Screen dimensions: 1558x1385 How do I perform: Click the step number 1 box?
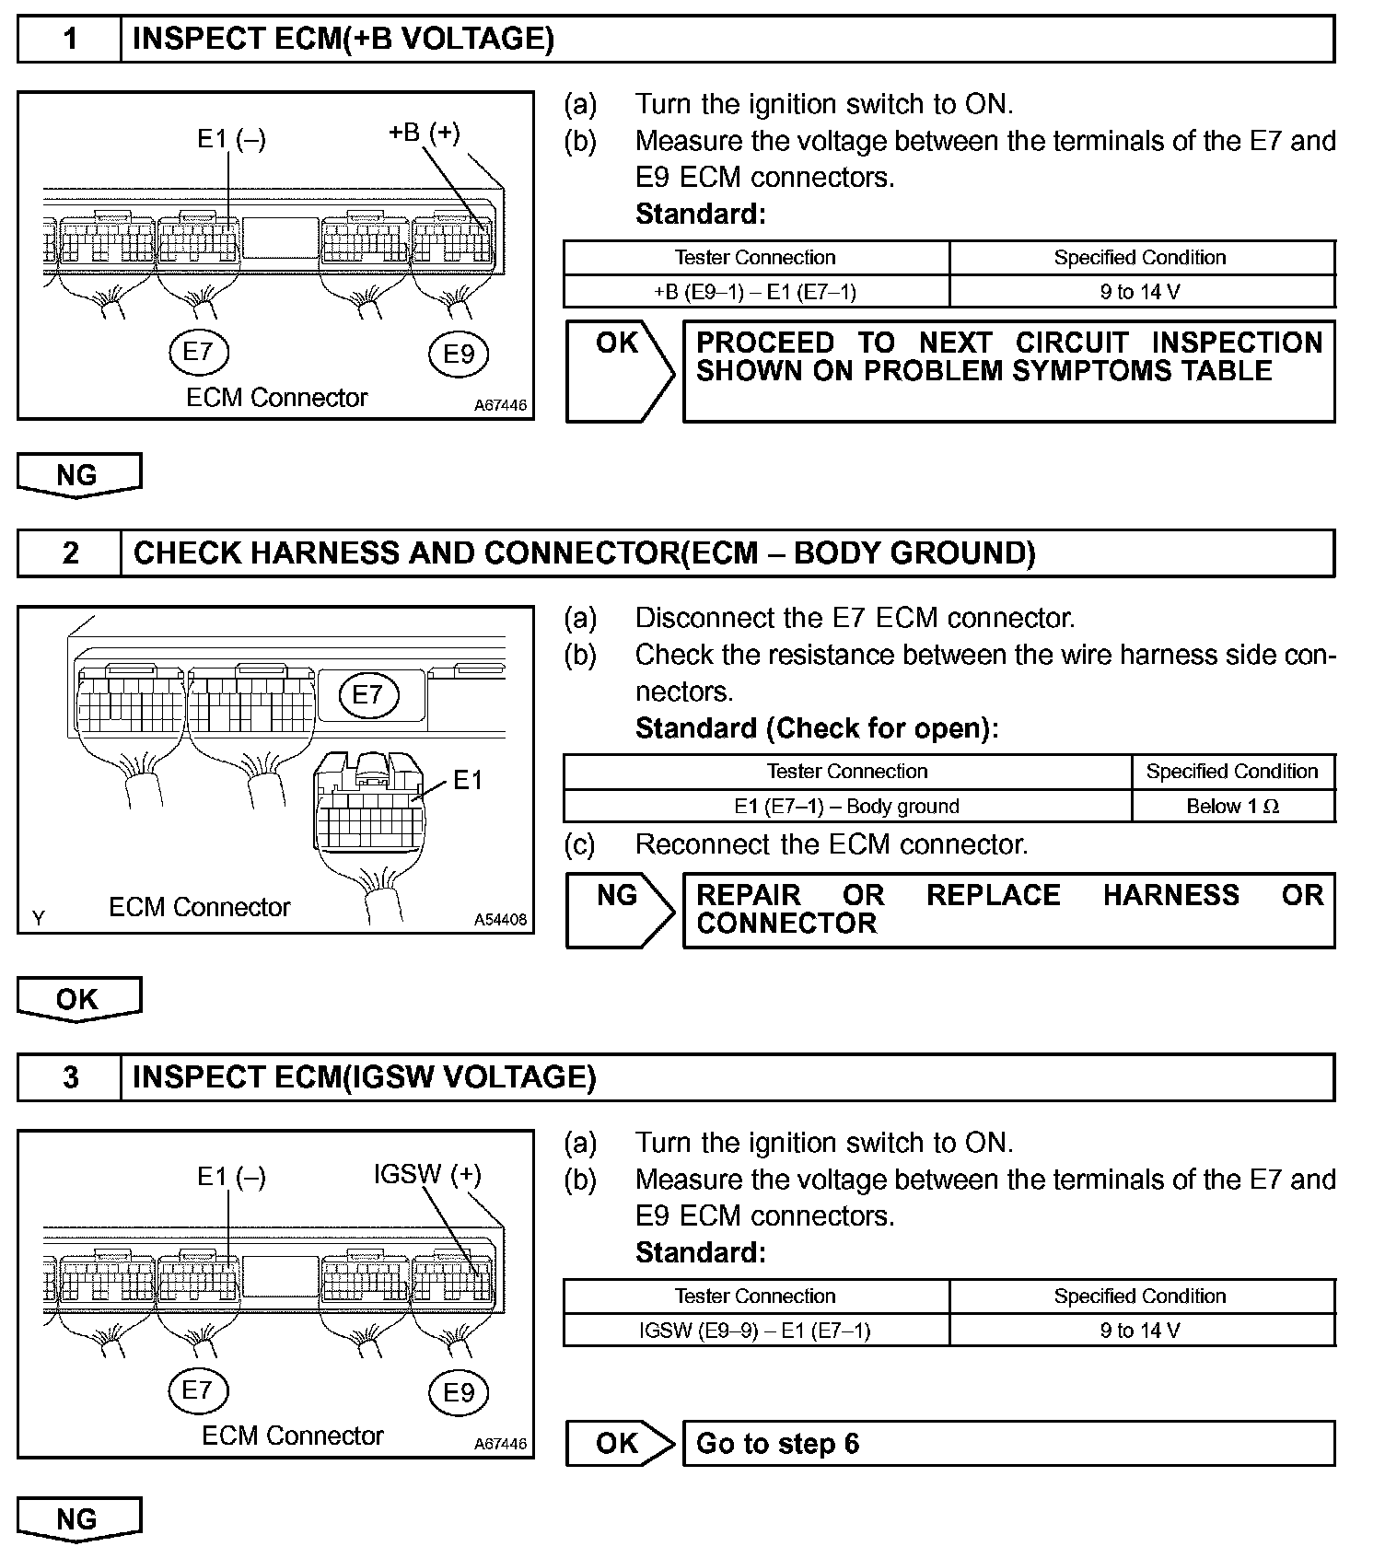point(70,39)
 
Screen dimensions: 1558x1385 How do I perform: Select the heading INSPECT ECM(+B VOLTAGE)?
point(343,39)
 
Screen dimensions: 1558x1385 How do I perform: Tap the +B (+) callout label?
point(424,132)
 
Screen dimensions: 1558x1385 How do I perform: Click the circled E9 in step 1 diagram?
point(459,354)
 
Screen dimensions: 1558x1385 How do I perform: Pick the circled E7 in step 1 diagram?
point(198,351)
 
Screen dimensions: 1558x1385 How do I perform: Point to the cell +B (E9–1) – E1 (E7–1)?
point(755,292)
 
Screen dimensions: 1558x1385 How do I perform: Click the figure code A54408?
point(500,919)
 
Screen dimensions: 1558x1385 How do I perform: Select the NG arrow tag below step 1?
point(78,475)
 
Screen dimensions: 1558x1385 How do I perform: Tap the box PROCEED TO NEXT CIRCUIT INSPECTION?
point(1008,371)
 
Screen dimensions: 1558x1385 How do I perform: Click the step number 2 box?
point(70,552)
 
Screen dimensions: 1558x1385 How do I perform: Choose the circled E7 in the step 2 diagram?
point(367,694)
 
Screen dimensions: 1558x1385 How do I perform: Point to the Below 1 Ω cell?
point(1232,807)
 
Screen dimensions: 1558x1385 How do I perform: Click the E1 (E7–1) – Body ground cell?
point(846,807)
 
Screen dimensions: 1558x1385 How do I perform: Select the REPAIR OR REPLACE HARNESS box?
point(1008,910)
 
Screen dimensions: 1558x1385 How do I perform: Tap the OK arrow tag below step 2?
point(78,999)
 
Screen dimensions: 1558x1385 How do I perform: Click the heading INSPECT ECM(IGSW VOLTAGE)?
point(365,1077)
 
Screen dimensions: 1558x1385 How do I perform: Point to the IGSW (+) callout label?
point(427,1174)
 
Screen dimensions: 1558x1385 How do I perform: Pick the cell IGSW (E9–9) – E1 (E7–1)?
point(755,1331)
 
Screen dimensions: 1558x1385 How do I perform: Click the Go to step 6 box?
point(1008,1443)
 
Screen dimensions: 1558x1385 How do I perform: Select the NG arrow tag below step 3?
point(78,1519)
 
